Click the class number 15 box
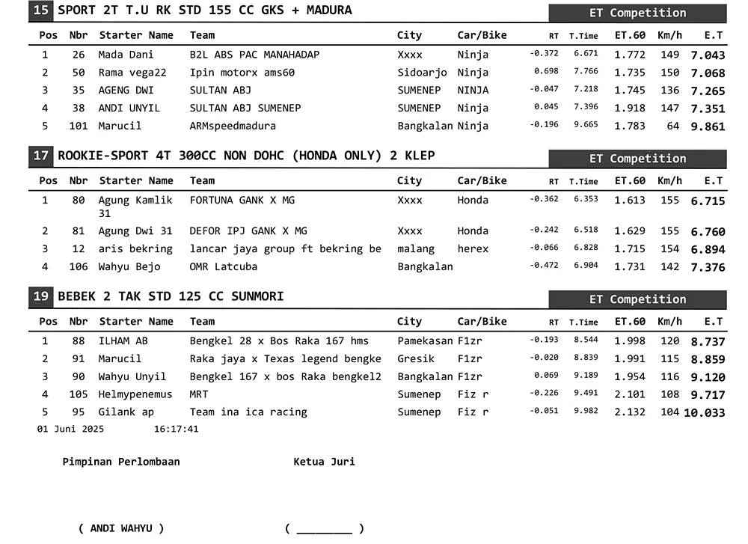click(42, 10)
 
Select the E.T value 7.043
click(708, 55)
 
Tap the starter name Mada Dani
click(126, 55)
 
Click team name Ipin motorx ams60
click(242, 73)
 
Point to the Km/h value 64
click(673, 126)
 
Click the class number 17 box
click(42, 156)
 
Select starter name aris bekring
click(135, 249)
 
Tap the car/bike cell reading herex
click(473, 249)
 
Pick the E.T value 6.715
click(708, 201)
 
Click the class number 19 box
click(42, 296)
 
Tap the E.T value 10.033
click(704, 412)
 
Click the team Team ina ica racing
click(248, 412)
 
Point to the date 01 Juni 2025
click(71, 430)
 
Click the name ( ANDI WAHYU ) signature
click(121, 528)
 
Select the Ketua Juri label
click(324, 462)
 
